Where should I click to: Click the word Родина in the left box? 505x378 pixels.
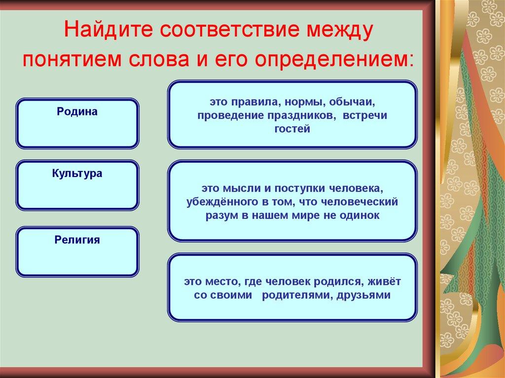77,112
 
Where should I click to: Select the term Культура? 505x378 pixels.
77,173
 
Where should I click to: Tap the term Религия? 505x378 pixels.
77,240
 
